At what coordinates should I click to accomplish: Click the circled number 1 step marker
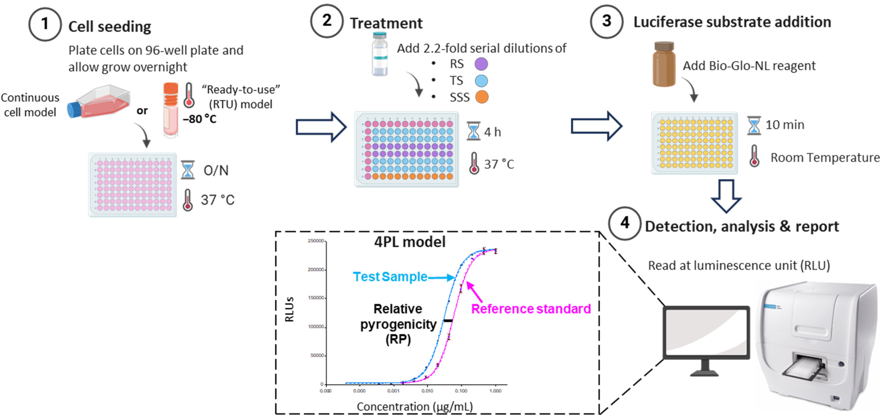click(45, 24)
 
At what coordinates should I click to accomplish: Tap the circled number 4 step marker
click(625, 223)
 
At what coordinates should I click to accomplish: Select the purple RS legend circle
click(481, 64)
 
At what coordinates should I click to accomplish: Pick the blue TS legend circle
click(481, 81)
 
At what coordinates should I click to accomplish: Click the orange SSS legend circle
click(481, 97)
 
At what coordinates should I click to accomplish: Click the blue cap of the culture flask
click(73, 110)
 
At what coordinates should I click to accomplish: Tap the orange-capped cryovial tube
click(171, 110)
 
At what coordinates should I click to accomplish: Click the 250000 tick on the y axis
click(316, 241)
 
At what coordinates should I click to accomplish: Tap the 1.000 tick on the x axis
click(495, 390)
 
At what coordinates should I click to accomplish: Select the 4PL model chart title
click(410, 242)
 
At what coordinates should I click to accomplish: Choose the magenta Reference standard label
click(531, 309)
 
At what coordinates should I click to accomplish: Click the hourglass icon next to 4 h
click(473, 131)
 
